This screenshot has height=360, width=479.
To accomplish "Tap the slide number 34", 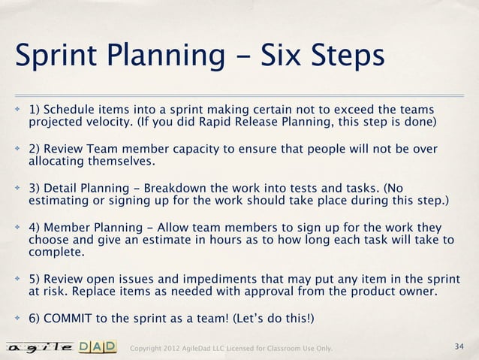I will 459,346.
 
